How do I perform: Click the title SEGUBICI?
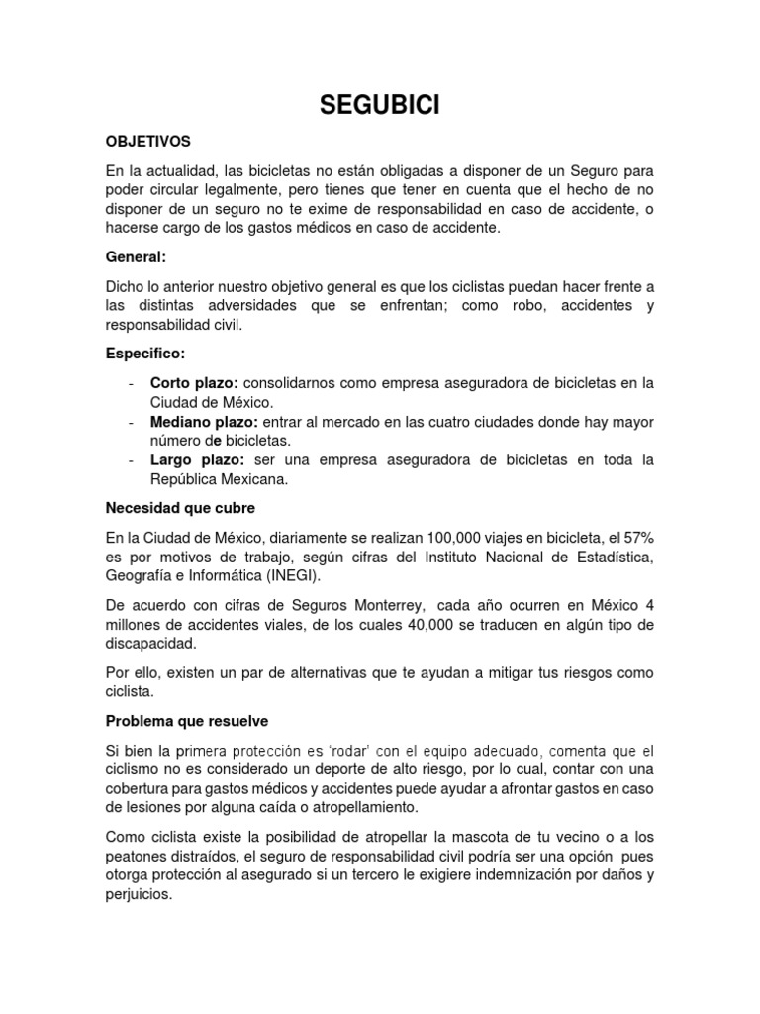point(380,105)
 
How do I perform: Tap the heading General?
point(137,256)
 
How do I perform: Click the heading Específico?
point(145,353)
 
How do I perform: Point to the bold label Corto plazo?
point(195,382)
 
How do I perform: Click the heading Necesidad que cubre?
point(180,508)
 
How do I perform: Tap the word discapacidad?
point(152,644)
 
